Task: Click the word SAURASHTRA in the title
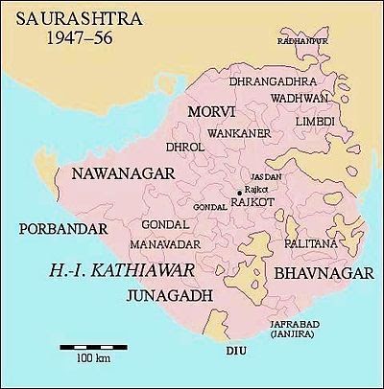click(x=64, y=17)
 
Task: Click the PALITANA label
click(x=312, y=245)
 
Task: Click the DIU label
click(x=236, y=352)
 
